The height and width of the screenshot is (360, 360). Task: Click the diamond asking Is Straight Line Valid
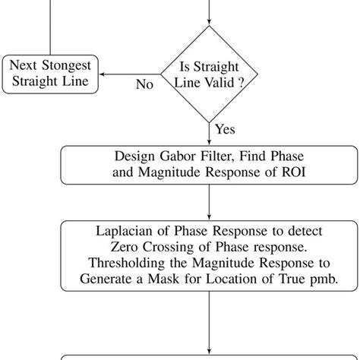pos(209,74)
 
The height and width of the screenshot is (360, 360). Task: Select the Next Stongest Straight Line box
pos(51,74)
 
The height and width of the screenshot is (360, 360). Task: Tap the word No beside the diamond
pos(144,84)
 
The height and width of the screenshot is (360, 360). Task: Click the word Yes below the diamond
pos(225,129)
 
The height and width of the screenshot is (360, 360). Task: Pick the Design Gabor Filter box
pos(209,165)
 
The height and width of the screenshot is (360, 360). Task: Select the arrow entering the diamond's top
pos(209,19)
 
